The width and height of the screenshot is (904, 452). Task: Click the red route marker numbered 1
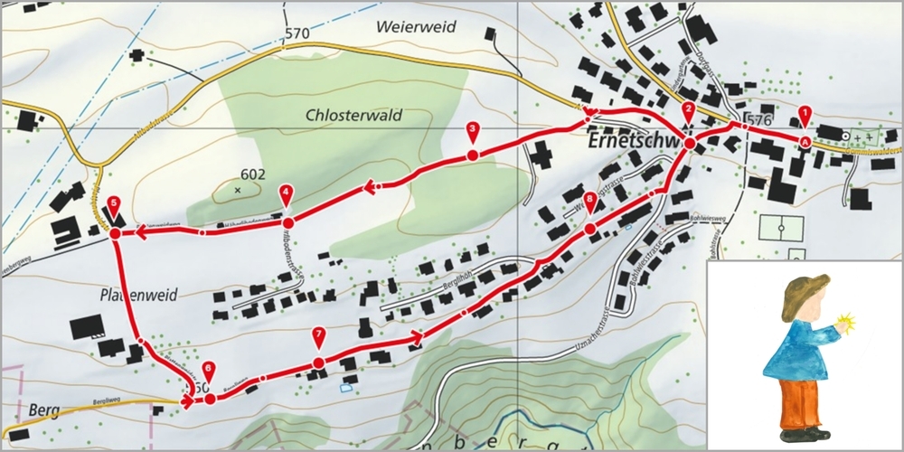804,116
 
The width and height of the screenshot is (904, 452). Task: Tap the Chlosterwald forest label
353,116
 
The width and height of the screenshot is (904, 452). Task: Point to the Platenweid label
137,295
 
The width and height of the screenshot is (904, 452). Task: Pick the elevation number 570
297,34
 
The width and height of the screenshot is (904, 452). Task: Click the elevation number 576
761,120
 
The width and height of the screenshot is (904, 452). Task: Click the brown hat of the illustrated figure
805,291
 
